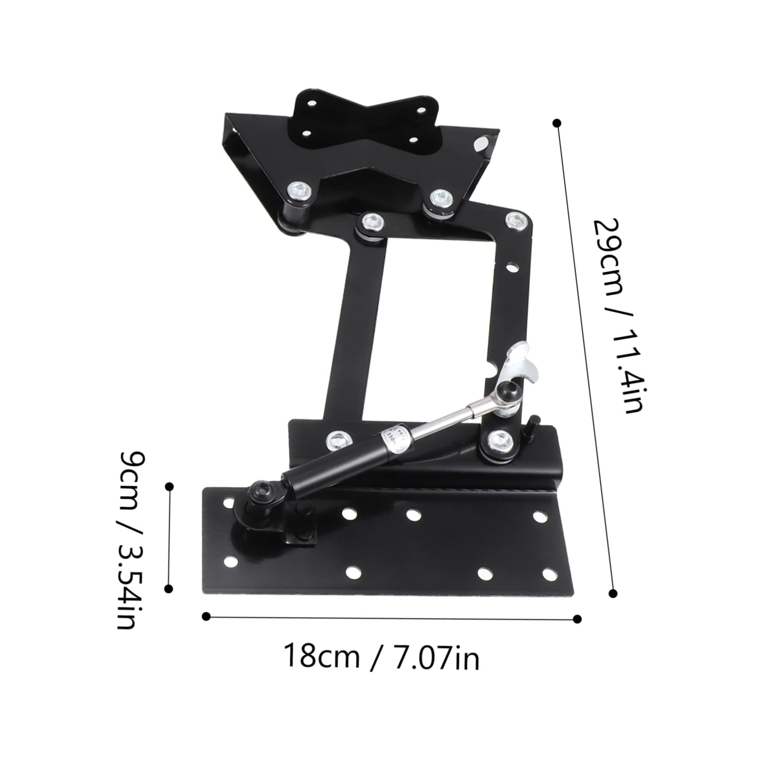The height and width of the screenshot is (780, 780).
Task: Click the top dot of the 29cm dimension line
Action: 557,123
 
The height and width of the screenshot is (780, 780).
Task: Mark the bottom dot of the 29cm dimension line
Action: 614,593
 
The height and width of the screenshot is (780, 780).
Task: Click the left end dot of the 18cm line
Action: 207,616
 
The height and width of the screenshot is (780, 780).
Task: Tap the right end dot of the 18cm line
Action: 577,618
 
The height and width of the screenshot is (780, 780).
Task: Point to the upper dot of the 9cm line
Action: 170,486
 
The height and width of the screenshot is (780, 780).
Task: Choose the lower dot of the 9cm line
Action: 169,588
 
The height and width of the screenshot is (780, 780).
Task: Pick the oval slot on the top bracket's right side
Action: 482,144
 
